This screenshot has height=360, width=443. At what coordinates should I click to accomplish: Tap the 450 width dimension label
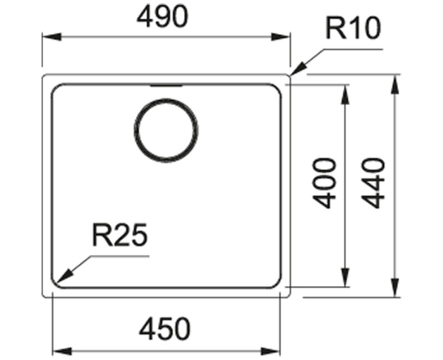[164, 330]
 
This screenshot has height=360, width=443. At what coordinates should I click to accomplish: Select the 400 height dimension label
[326, 183]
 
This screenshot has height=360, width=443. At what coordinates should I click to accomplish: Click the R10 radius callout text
[352, 29]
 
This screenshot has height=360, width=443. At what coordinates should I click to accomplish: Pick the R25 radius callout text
[120, 236]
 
